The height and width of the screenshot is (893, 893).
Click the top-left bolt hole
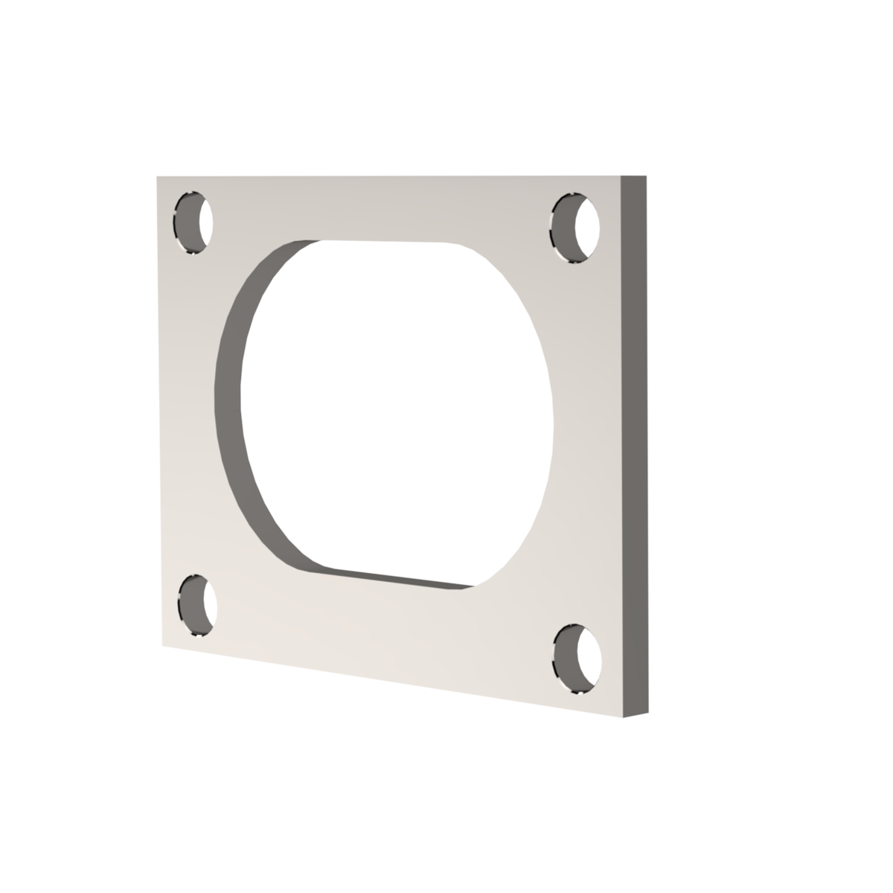193,222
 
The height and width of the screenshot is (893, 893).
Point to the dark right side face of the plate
634,446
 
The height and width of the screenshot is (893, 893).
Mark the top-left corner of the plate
156,176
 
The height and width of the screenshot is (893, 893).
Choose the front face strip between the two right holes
588,446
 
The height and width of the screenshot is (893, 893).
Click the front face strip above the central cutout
387,208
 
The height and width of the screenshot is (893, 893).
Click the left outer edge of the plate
158,409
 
